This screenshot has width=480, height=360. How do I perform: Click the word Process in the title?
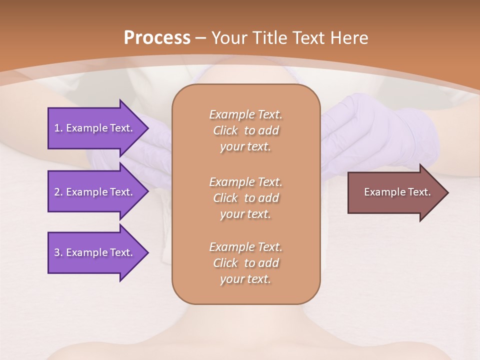pos(157,37)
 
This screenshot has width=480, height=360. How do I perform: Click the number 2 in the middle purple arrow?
pos(57,192)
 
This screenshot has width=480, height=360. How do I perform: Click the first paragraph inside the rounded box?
pos(245,130)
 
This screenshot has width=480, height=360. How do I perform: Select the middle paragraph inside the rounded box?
pos(245,197)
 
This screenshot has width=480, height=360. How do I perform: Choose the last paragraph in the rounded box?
pos(245,263)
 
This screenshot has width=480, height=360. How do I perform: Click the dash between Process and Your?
pos(200,37)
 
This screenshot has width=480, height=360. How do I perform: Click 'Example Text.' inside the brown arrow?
pos(397,192)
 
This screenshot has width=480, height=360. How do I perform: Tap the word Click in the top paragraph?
pos(225,130)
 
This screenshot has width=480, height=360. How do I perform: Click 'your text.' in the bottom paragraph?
pos(245,279)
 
